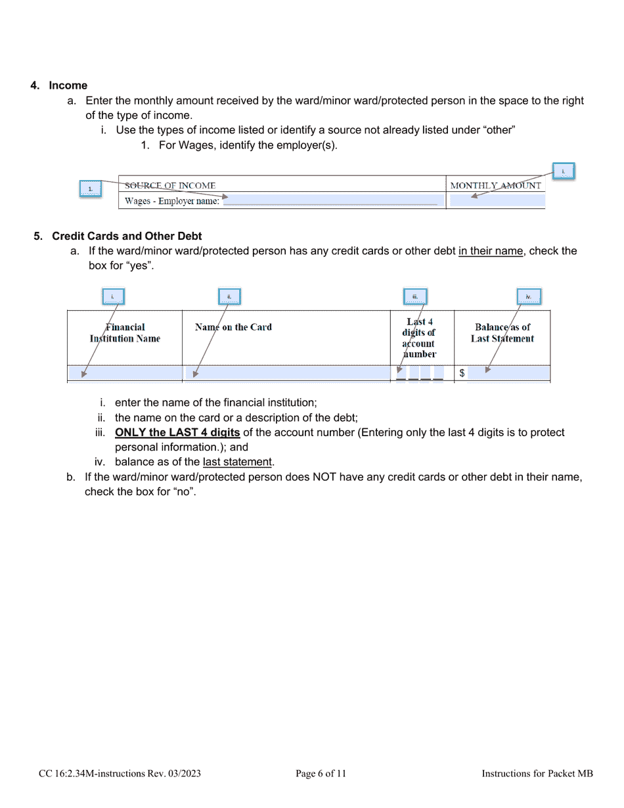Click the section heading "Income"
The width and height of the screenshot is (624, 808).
(68, 85)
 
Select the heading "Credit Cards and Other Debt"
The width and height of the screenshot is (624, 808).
(127, 236)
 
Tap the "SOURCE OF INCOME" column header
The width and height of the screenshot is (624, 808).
(170, 185)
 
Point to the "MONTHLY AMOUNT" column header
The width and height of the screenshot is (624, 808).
(496, 185)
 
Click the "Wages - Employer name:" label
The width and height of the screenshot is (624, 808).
(172, 201)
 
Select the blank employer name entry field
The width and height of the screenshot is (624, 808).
(332, 201)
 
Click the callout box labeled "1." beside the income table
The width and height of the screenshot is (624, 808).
(90, 189)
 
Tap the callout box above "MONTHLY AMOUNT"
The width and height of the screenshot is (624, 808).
(563, 171)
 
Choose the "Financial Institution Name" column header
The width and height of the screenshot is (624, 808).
(125, 333)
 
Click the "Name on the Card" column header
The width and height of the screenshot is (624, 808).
(233, 327)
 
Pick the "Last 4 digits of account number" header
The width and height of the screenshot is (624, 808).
(419, 338)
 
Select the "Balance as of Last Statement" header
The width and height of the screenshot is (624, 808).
(502, 333)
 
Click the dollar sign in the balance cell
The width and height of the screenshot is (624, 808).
(462, 373)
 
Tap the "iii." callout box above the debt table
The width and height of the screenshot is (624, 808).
(415, 297)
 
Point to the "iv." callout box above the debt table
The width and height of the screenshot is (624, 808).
(528, 297)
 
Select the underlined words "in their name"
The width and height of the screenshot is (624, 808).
(491, 251)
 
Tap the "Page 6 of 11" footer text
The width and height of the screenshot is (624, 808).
(321, 774)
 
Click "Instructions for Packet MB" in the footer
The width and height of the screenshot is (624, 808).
(537, 774)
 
